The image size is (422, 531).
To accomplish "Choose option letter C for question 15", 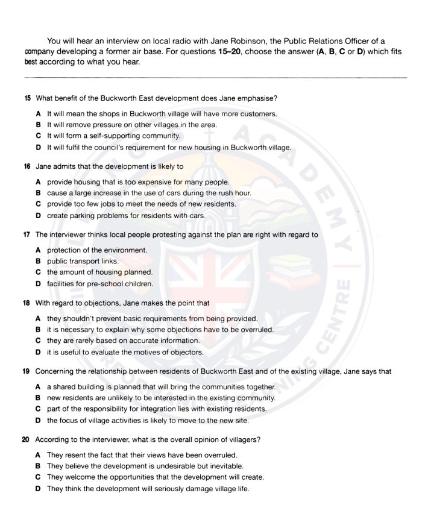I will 39,136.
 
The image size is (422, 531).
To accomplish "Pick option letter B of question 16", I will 39,193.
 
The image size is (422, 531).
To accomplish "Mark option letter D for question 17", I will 39,284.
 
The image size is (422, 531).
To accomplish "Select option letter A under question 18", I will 39,318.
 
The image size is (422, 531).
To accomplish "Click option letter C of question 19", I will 39,409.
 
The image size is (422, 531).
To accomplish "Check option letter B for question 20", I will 39,466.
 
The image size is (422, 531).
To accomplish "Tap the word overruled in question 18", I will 256,330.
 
